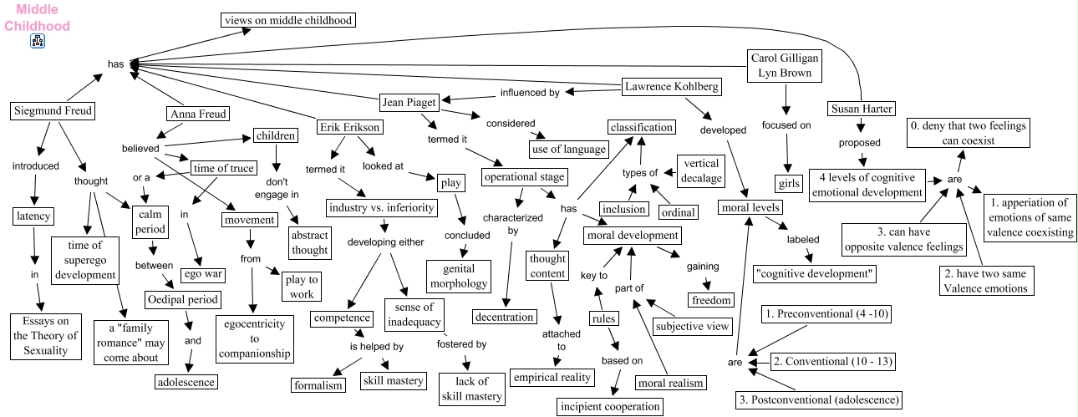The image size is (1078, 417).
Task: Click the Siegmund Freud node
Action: pyautogui.click(x=53, y=110)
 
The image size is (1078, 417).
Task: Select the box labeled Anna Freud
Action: pyautogui.click(x=197, y=114)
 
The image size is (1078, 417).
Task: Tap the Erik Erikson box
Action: pyautogui.click(x=350, y=128)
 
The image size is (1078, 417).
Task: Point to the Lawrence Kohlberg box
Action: pyautogui.click(x=671, y=86)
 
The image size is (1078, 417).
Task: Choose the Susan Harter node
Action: pyautogui.click(x=861, y=109)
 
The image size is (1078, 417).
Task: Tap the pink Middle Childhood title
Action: pyautogui.click(x=37, y=18)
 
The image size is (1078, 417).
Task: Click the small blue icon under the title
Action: pyautogui.click(x=38, y=40)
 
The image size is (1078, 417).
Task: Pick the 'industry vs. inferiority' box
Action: pyautogui.click(x=380, y=207)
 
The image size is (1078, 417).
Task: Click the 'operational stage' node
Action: pyautogui.click(x=524, y=177)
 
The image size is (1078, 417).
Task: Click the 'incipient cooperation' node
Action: pyautogui.click(x=610, y=407)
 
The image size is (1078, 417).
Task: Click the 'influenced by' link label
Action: pyautogui.click(x=530, y=93)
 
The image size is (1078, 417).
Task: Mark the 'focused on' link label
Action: pyautogui.click(x=786, y=126)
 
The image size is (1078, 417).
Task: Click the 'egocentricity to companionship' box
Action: pyautogui.click(x=255, y=338)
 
